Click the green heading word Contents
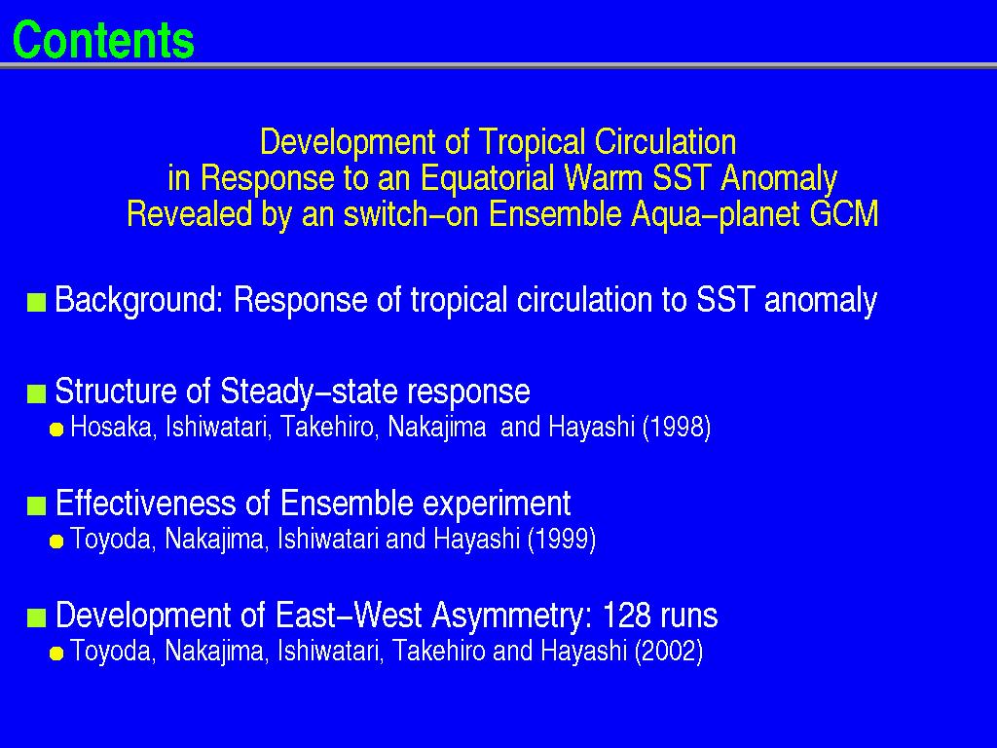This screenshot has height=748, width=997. tap(103, 39)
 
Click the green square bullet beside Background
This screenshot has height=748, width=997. tap(37, 303)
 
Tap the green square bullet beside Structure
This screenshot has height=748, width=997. tap(37, 394)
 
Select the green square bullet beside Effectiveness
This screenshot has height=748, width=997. tap(37, 506)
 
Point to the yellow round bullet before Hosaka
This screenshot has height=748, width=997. tap(56, 430)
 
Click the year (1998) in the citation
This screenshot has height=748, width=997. tap(677, 427)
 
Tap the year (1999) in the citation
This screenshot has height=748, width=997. tap(562, 539)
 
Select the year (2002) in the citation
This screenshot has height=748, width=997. tap(669, 651)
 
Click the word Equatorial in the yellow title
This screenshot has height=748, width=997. tap(488, 178)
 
